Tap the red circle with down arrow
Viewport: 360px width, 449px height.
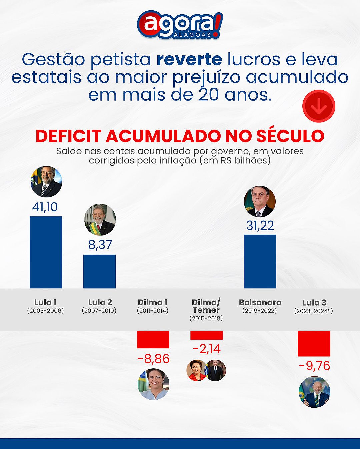[318, 106]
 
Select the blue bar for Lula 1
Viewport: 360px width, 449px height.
[46, 252]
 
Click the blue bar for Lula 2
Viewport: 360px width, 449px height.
[99, 271]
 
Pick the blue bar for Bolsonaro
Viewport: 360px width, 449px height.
[260, 261]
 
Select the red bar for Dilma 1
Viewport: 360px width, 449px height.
[153, 340]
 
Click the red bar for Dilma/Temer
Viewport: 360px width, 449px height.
[206, 335]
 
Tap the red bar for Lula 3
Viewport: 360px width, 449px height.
[314, 343]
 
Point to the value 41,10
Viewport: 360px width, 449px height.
[45, 207]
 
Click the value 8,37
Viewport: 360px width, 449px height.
[100, 245]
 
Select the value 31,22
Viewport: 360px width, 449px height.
[260, 226]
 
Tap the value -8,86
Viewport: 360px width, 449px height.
[153, 359]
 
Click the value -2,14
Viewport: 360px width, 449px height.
[207, 349]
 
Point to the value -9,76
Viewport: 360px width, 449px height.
[314, 366]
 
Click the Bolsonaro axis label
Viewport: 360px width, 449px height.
[260, 302]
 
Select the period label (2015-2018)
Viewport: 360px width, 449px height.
[206, 318]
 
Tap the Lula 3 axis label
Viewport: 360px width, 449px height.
[314, 303]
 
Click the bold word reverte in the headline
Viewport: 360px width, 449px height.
[189, 59]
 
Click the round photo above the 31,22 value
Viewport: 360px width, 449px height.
[260, 202]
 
